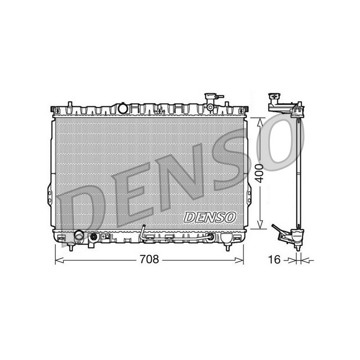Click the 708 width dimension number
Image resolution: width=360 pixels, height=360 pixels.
[149, 260]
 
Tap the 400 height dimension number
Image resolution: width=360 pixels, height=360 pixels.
[260, 173]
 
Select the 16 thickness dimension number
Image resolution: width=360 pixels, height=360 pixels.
[274, 260]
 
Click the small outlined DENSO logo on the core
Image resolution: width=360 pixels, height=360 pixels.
[210, 217]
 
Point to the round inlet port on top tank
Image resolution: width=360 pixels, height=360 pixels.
[122, 108]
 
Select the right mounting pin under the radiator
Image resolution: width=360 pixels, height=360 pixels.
[228, 247]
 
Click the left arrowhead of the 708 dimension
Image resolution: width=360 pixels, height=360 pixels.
[59, 260]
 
